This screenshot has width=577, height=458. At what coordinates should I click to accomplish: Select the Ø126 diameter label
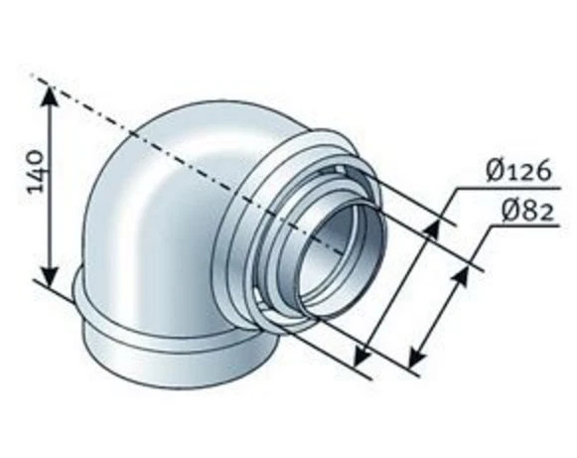(x=518, y=171)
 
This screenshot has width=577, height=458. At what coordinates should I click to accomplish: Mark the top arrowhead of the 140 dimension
(x=49, y=94)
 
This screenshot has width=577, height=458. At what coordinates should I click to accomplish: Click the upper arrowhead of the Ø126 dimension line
(x=432, y=228)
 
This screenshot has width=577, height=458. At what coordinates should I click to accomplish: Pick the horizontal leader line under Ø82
(x=516, y=226)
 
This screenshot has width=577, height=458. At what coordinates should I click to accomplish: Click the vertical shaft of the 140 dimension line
(x=49, y=189)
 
